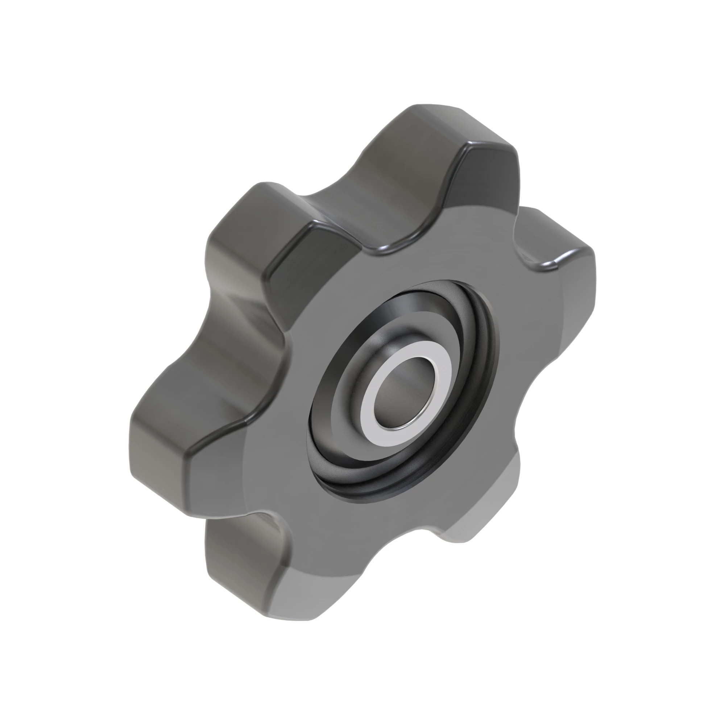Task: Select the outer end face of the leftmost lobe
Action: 158,461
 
